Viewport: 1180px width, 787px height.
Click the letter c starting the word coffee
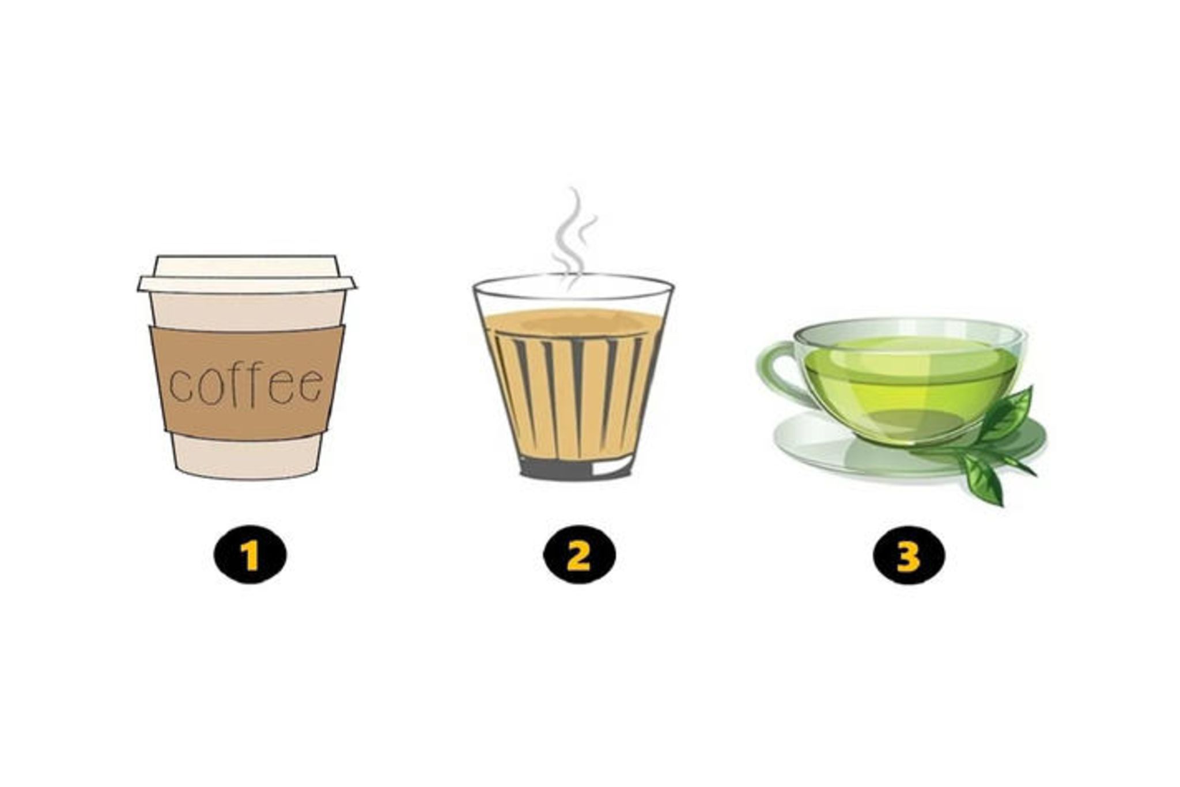(180, 387)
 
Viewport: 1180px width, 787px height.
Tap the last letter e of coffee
(311, 385)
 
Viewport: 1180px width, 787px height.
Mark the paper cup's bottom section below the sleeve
(247, 458)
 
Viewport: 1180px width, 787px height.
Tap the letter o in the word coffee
(210, 387)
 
